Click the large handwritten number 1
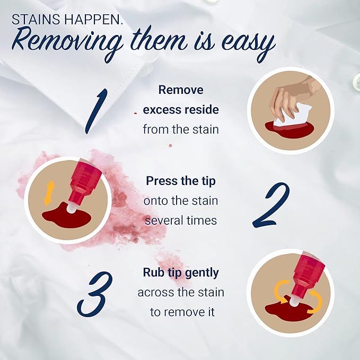click(96, 111)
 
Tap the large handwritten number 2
click(271, 205)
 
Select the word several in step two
click(164, 221)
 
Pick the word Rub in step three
click(152, 273)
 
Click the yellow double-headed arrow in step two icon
click(49, 193)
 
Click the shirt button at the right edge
click(357, 81)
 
